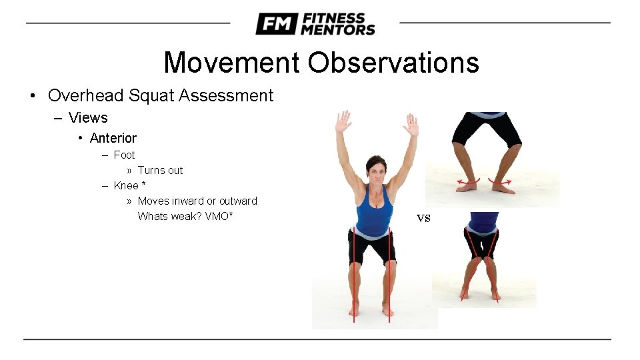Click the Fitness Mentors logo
[315, 24]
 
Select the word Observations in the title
[393, 63]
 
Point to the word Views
[88, 118]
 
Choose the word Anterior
[113, 138]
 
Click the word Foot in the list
[124, 155]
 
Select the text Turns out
[160, 170]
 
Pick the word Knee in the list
[126, 185]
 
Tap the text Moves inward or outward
[197, 201]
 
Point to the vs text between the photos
[423, 217]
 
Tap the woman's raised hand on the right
[411, 125]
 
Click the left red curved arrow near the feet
[467, 181]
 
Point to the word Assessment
[229, 95]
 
